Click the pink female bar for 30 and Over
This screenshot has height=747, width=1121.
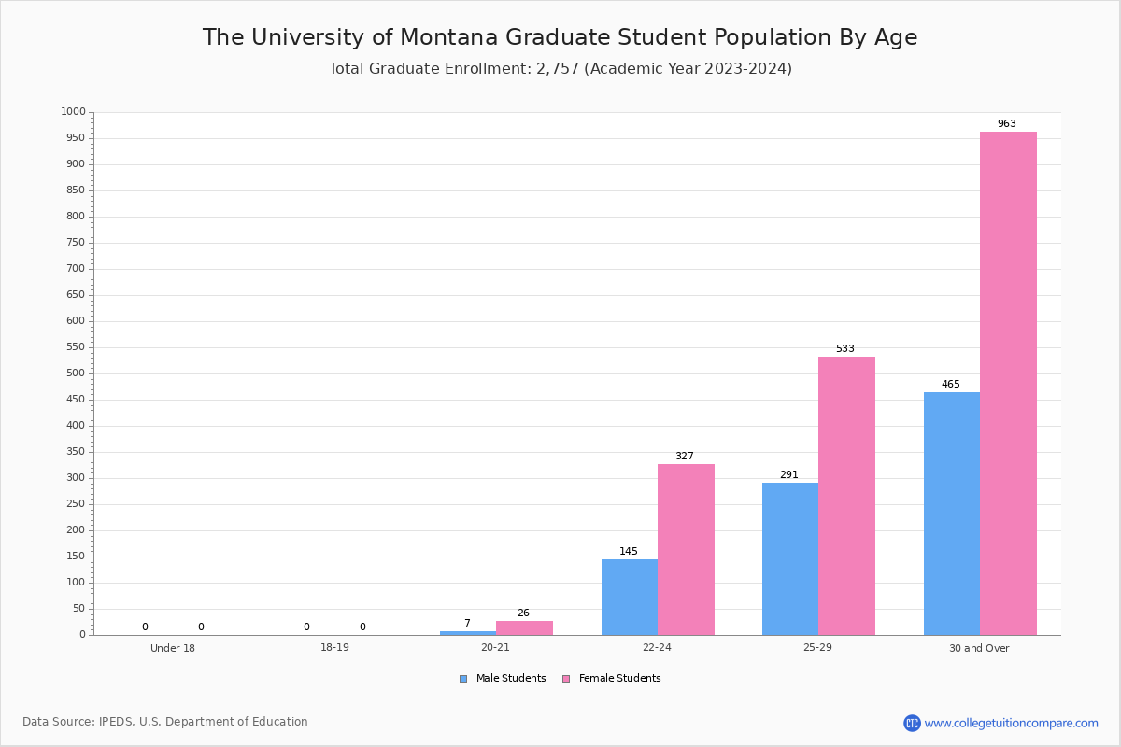(1008, 383)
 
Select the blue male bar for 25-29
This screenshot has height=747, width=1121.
(790, 558)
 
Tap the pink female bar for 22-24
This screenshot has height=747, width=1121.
(686, 549)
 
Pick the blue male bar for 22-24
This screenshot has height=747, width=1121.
(630, 597)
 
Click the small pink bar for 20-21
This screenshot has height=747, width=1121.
(524, 627)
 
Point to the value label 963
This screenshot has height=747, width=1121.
(1006, 124)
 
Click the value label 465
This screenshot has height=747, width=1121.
(950, 385)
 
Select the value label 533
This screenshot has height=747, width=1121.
(844, 349)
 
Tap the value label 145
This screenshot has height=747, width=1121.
(629, 552)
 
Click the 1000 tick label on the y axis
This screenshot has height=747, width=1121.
(73, 112)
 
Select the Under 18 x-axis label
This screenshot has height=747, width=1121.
(173, 648)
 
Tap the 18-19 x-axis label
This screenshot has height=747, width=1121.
(334, 648)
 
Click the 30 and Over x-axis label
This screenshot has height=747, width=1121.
(979, 648)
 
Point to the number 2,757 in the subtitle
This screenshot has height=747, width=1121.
(558, 69)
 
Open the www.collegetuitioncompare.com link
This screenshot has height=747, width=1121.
(1011, 723)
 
